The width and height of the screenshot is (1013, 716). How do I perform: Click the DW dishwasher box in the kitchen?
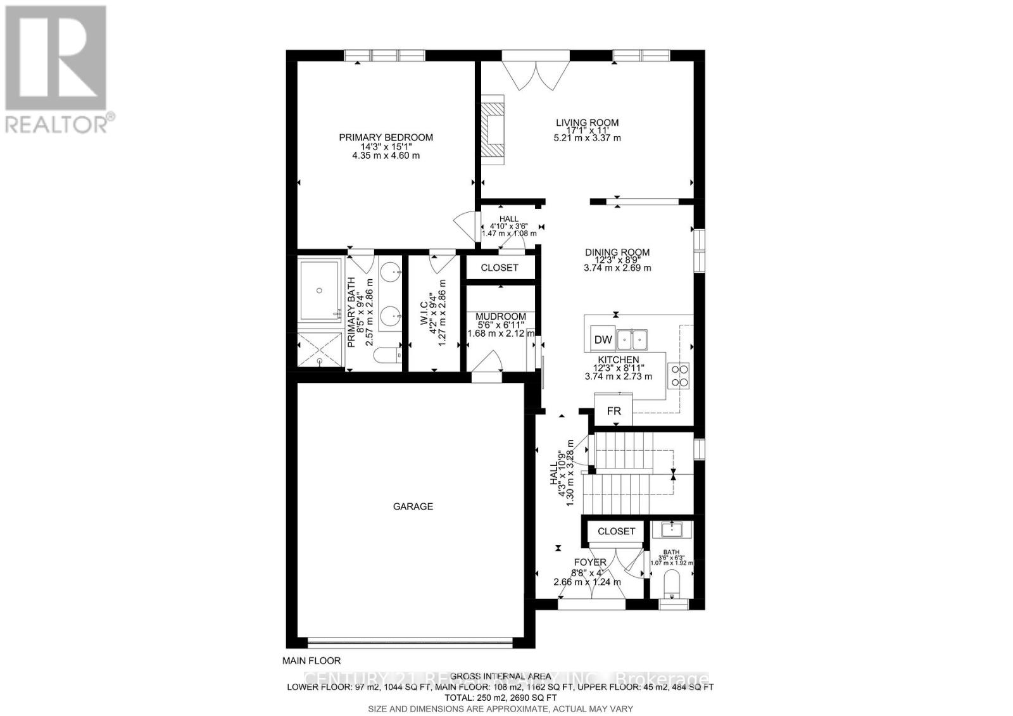(603, 339)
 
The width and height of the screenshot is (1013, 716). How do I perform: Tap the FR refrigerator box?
(613, 410)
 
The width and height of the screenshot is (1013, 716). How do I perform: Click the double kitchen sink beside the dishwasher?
(632, 340)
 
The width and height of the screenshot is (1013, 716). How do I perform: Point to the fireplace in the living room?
(493, 130)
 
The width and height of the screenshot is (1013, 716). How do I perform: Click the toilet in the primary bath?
(386, 356)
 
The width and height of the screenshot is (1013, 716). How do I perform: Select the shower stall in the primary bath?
(320, 348)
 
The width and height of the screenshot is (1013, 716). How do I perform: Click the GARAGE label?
(413, 506)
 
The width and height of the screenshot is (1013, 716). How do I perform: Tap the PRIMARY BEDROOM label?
(386, 137)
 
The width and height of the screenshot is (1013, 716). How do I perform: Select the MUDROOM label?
(501, 317)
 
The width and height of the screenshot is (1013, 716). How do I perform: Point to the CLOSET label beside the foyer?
(616, 531)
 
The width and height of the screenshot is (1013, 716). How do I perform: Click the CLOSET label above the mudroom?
(500, 268)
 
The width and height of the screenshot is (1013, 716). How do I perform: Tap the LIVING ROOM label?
(587, 123)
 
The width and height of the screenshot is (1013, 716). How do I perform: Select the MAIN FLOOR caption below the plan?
(311, 660)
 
